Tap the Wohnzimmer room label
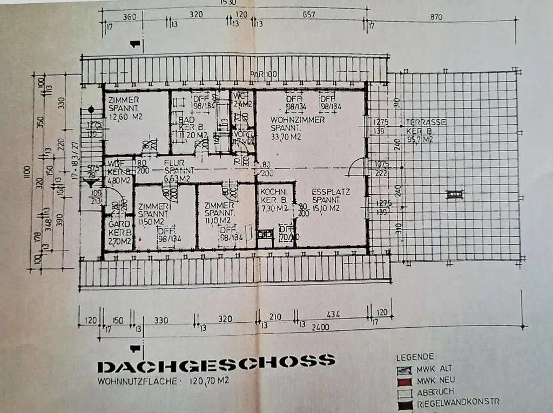coord(290,120)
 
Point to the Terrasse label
coord(426,123)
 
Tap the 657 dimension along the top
coord(308,15)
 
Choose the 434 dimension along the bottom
coord(334,314)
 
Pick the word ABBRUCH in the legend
coord(435,391)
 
